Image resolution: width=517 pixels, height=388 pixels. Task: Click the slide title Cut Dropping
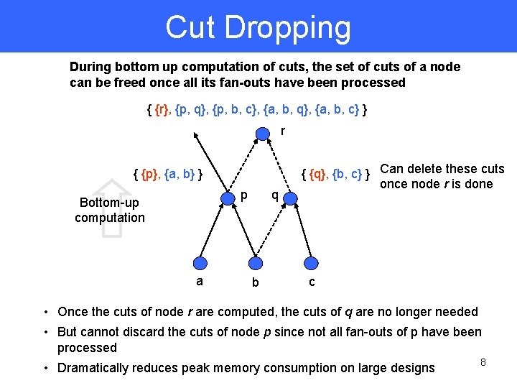click(258, 27)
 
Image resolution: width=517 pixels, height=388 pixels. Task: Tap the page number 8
click(483, 362)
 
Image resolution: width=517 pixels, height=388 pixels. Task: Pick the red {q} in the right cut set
click(317, 173)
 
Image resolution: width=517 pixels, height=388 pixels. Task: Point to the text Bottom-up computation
click(109, 210)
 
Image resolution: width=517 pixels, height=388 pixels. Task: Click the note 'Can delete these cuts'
click(442, 170)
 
